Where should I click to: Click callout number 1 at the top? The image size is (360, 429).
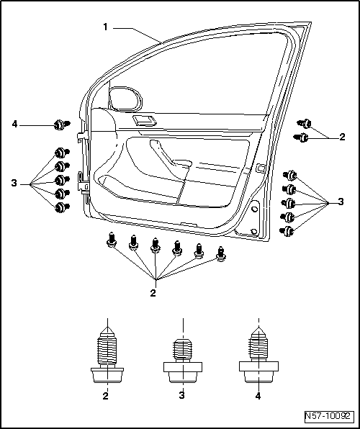[x=105, y=27]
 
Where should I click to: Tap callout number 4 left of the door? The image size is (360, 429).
[x=14, y=125]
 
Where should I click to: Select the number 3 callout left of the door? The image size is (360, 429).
[x=13, y=184]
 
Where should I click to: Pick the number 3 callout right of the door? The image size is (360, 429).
[x=341, y=203]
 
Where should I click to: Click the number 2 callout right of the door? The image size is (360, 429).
[x=342, y=135]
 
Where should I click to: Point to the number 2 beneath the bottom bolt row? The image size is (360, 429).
[x=153, y=293]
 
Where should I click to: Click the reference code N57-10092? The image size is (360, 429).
[x=328, y=416]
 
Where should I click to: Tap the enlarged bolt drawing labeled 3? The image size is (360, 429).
[x=182, y=358]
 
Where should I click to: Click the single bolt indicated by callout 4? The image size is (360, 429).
[x=60, y=125]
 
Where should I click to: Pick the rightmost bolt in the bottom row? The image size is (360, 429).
[x=220, y=253]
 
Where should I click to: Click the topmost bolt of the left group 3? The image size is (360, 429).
[x=62, y=154]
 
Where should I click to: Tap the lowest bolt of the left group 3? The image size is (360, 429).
[x=62, y=207]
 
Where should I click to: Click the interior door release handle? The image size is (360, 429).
[x=143, y=119]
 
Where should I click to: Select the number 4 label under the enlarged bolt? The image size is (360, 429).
[x=258, y=395]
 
